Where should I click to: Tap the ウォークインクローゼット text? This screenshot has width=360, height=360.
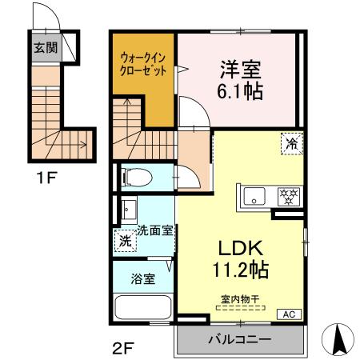[144, 64]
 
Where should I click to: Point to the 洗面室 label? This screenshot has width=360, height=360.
[155, 231]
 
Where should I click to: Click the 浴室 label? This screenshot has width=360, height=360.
[143, 279]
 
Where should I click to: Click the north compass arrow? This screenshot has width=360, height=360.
[338, 338]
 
